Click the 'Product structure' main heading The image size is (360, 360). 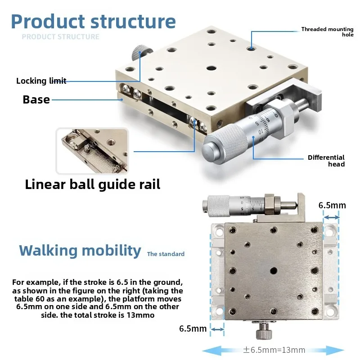click(x=93, y=21)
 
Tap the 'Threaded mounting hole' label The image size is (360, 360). click(x=328, y=31)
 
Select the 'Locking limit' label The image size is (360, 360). click(x=41, y=81)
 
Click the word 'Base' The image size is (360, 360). click(x=36, y=99)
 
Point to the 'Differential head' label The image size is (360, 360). click(x=326, y=161)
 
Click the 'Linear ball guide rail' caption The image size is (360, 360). click(x=93, y=184)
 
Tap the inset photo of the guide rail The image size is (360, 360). click(x=92, y=151)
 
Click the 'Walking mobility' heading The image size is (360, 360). click(x=80, y=251)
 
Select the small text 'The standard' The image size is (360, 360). click(x=166, y=254)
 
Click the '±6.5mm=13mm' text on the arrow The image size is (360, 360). click(x=274, y=350)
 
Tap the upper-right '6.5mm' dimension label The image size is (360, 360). click(x=332, y=205)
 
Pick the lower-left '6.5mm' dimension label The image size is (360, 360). click(x=193, y=328)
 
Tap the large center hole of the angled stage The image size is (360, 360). click(x=211, y=68)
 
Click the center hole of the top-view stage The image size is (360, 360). click(x=273, y=271)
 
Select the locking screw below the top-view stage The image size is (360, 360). click(x=264, y=331)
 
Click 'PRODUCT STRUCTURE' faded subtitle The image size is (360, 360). click(x=61, y=37)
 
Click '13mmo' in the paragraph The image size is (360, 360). click(x=140, y=315)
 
